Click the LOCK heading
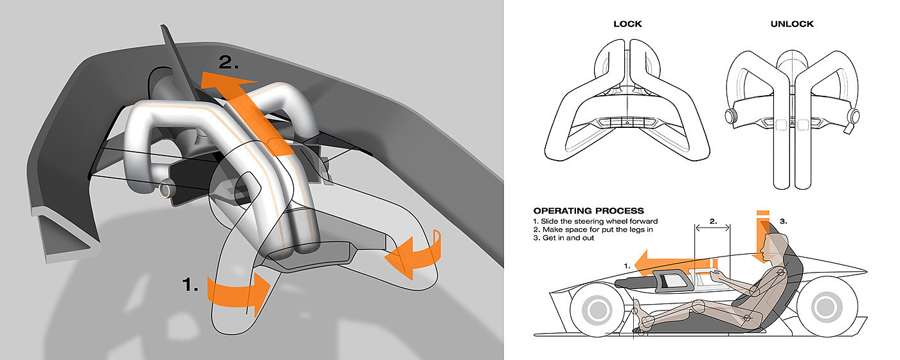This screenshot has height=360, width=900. [627, 24]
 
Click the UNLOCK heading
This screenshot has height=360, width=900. [792, 24]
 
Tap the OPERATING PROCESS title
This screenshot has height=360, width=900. [589, 211]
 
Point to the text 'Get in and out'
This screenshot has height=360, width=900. [570, 238]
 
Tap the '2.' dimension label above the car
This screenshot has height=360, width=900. [712, 219]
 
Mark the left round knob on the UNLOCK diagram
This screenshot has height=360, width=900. [730, 117]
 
